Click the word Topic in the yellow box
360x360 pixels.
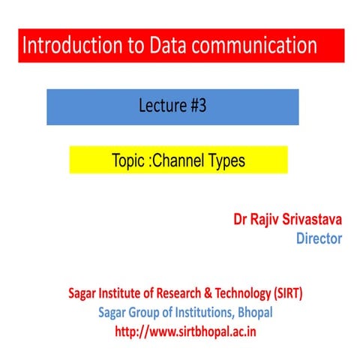(x=130, y=160)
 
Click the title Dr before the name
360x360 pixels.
(x=241, y=220)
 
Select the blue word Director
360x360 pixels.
(x=319, y=239)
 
